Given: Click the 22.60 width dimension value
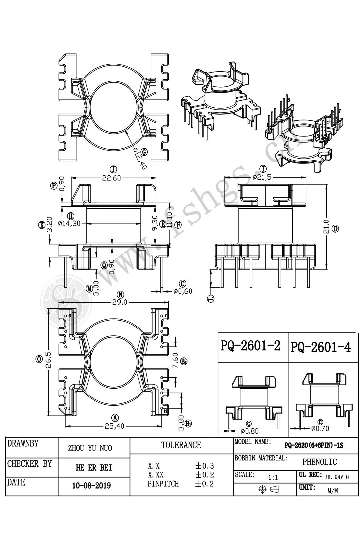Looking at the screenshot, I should [111, 178].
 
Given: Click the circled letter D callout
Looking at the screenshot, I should [335, 228].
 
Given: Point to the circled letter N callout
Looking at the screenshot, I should [121, 295].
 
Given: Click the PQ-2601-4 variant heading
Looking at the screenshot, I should [321, 347].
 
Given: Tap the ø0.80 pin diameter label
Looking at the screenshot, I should [250, 430].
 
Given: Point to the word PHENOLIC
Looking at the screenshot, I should [319, 462].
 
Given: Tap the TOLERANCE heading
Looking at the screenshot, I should [181, 445].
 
